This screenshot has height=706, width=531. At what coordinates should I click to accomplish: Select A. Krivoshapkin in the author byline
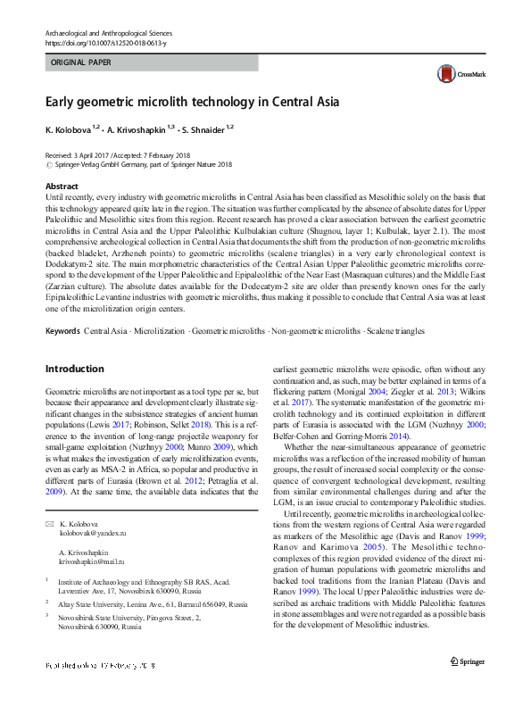(139, 129)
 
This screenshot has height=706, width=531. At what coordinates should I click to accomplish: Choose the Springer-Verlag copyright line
(143, 164)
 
